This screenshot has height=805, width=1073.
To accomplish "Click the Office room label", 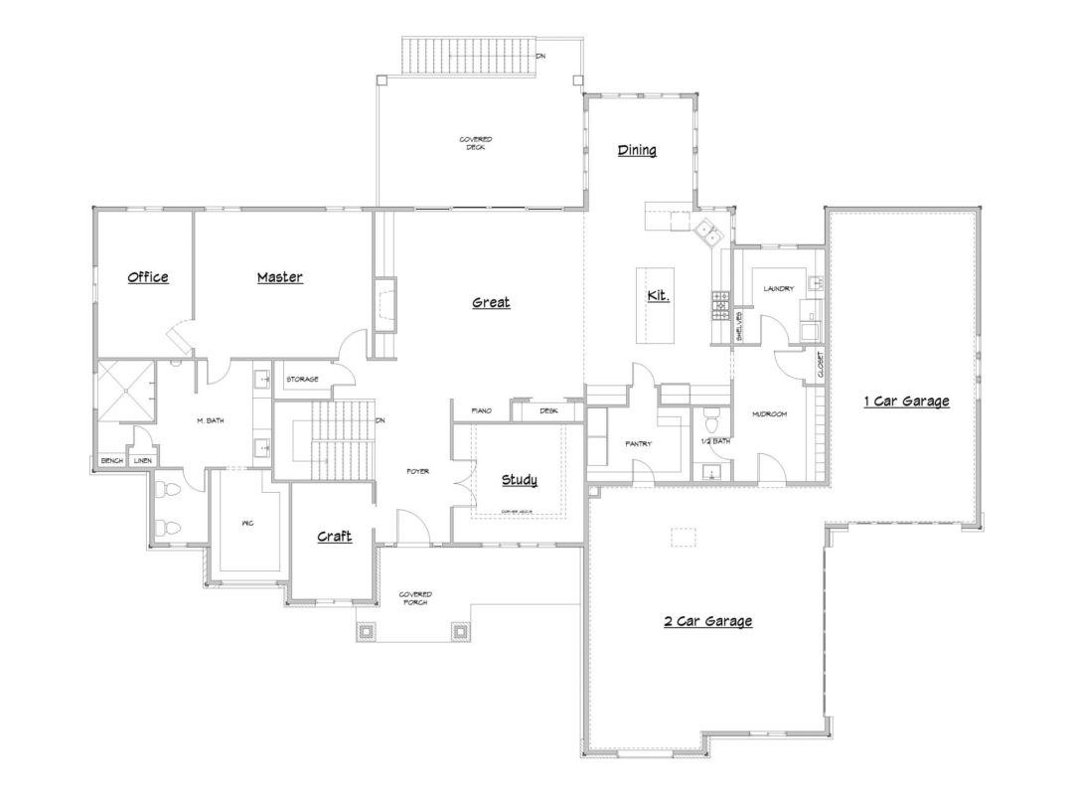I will [148, 277].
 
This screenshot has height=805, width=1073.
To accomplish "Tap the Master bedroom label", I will [279, 277].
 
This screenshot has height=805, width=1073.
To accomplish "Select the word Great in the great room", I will [491, 302].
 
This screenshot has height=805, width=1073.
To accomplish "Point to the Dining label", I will [637, 150].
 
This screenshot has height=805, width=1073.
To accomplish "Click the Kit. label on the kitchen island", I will [658, 296].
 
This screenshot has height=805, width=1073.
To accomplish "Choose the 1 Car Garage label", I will [905, 402].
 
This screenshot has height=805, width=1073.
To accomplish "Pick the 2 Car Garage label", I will [707, 621].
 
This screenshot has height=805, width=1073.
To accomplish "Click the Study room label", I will [519, 480].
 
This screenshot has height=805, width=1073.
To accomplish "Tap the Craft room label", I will [334, 536].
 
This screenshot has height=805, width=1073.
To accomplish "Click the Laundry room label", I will [778, 289].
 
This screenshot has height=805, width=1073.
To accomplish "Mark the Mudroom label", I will [769, 413].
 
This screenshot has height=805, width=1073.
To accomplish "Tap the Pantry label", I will [637, 443].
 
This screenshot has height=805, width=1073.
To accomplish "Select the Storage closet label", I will [302, 379].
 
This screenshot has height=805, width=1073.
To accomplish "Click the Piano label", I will [482, 409].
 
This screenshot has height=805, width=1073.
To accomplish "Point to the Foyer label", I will [417, 471].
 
